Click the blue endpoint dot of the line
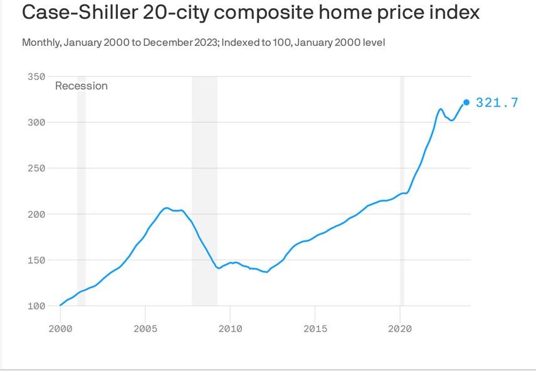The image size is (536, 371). click(466, 102)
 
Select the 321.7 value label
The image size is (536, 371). click(497, 103)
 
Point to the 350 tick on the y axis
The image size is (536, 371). click(37, 77)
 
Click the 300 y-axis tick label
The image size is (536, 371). click(37, 122)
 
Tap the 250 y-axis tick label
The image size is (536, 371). click(37, 168)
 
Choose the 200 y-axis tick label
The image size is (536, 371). click(37, 214)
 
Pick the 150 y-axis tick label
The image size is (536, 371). click(37, 260)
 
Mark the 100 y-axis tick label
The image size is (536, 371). click(37, 306)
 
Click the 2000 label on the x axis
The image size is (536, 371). click(60, 328)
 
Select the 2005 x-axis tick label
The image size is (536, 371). click(145, 328)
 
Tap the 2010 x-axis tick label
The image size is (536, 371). click(230, 328)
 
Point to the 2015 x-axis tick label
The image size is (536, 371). click(315, 328)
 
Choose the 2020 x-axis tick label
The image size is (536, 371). click(401, 328)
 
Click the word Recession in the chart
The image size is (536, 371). click(81, 86)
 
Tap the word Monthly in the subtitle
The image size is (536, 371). click(41, 43)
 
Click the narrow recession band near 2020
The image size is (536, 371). click(402, 188)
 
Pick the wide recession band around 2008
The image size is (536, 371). click(204, 188)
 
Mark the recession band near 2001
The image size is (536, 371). click(81, 188)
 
